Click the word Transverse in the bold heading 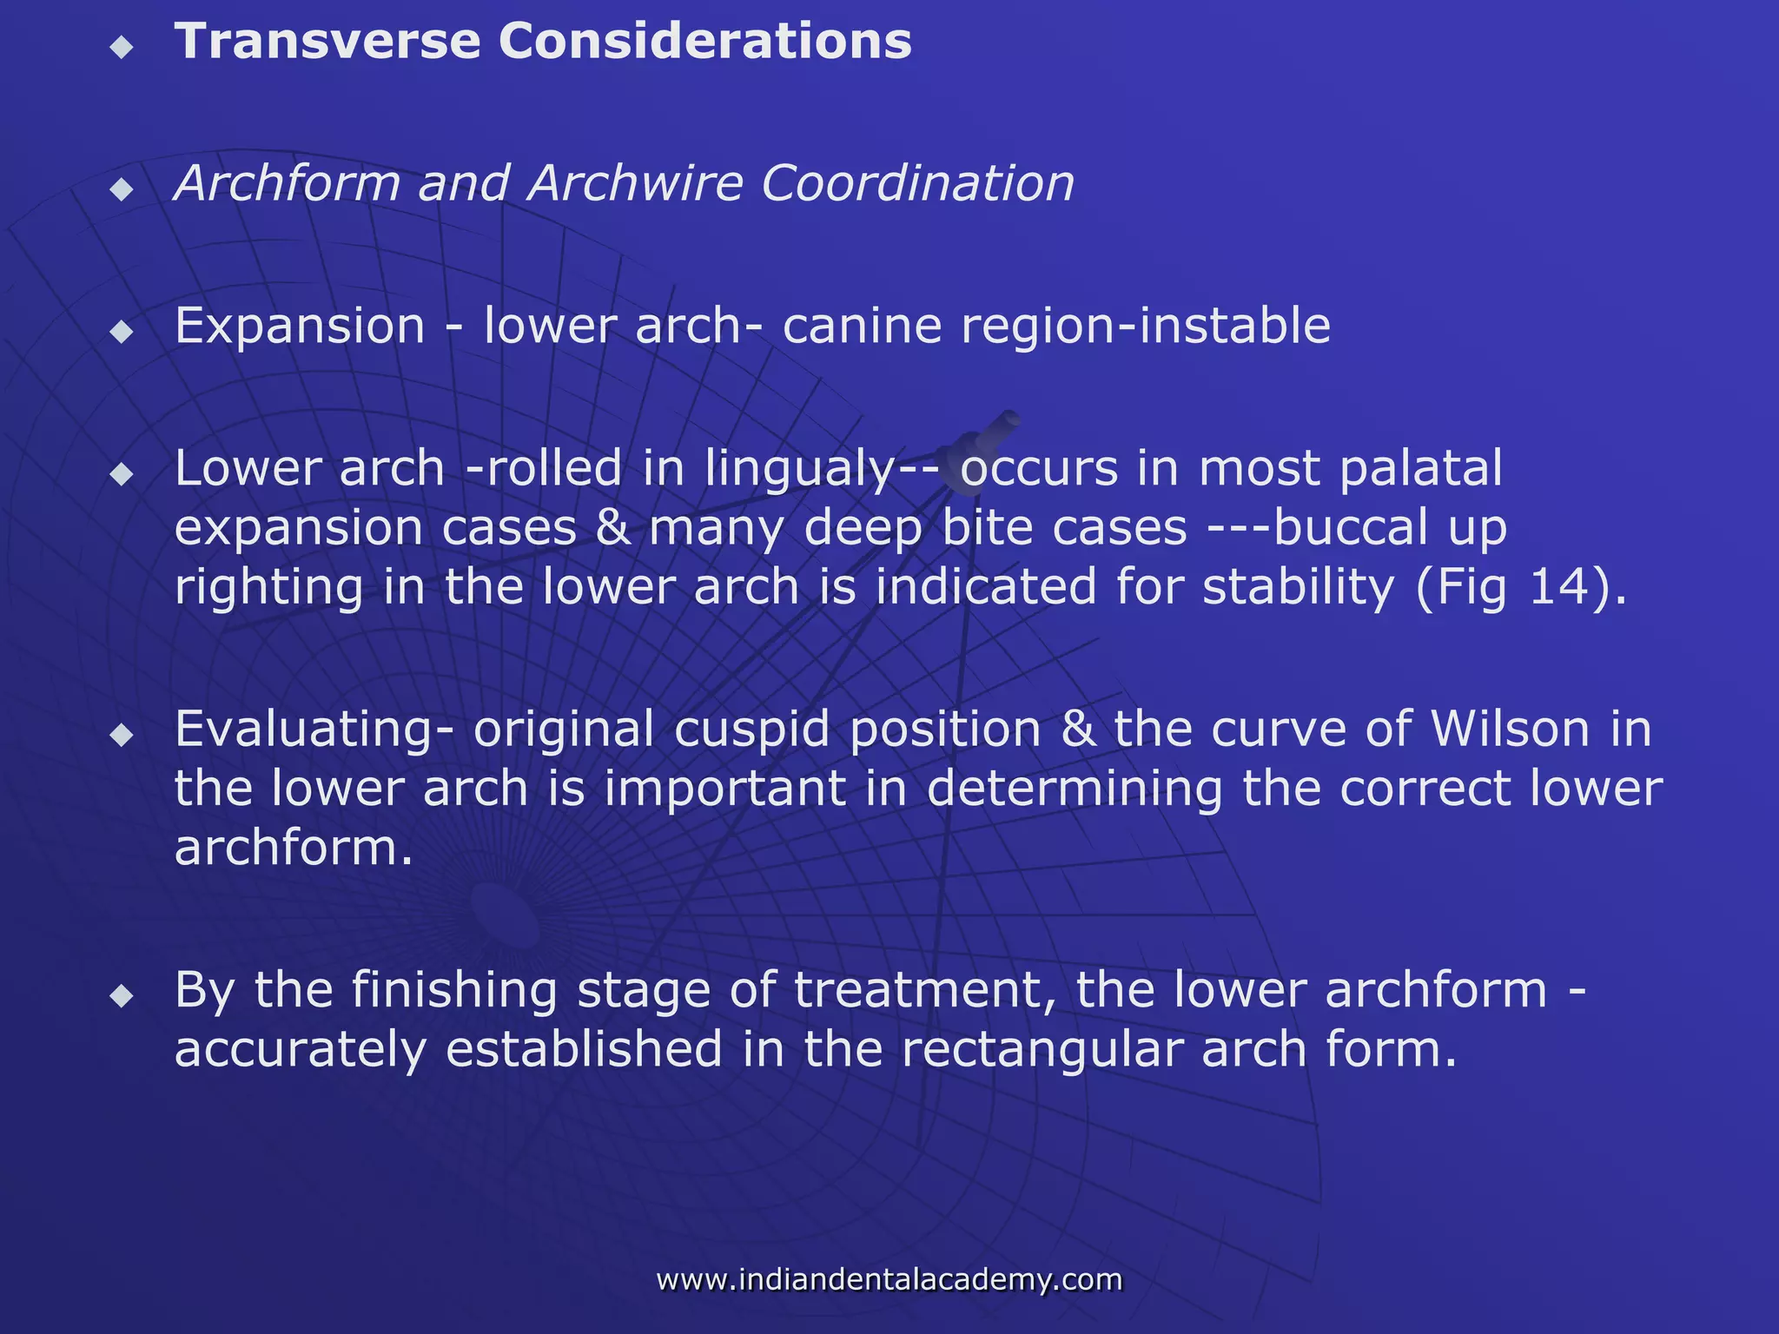[327, 42]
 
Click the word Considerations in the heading [704, 42]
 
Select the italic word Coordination [917, 183]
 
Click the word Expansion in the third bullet [300, 327]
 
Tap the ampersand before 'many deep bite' [613, 528]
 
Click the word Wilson [1510, 729]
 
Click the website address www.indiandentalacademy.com [889, 1279]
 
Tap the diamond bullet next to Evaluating [122, 736]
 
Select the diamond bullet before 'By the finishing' [122, 996]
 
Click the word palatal [1420, 470]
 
